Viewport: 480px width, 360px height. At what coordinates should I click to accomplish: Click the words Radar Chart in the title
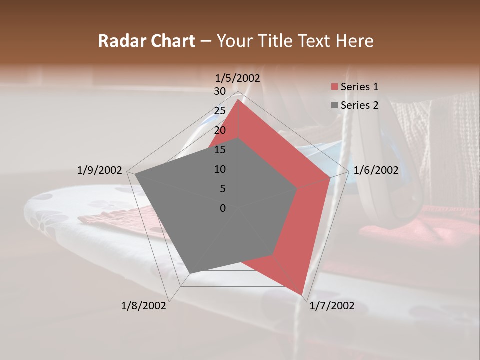pos(146,41)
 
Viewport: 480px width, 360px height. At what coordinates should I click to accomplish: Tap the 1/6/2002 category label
pos(376,170)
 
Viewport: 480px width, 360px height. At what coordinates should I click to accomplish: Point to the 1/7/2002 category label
pos(332,305)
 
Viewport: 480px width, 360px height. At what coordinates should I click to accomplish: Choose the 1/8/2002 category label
pos(144,305)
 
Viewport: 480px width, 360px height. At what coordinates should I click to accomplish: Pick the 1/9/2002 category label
pos(100,170)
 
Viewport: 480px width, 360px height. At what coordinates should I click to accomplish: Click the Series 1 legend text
pos(359,87)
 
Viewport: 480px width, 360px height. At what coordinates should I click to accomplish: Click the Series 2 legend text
pos(359,105)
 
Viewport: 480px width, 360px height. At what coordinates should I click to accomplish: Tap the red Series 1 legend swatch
pos(334,87)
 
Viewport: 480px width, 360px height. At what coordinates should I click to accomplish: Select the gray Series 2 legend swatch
pos(334,105)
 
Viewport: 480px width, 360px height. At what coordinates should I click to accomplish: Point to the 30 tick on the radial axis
pos(219,91)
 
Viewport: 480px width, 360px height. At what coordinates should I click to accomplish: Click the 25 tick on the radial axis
pos(219,111)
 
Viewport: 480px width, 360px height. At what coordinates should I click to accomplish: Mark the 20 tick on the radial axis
pos(219,130)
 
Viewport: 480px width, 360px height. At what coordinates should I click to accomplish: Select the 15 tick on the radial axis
pos(219,150)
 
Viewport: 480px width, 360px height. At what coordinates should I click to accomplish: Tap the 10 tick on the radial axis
pos(219,169)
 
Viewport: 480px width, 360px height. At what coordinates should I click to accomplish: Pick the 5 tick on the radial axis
pos(222,189)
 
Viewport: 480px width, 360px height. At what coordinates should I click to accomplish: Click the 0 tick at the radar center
pos(223,208)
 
